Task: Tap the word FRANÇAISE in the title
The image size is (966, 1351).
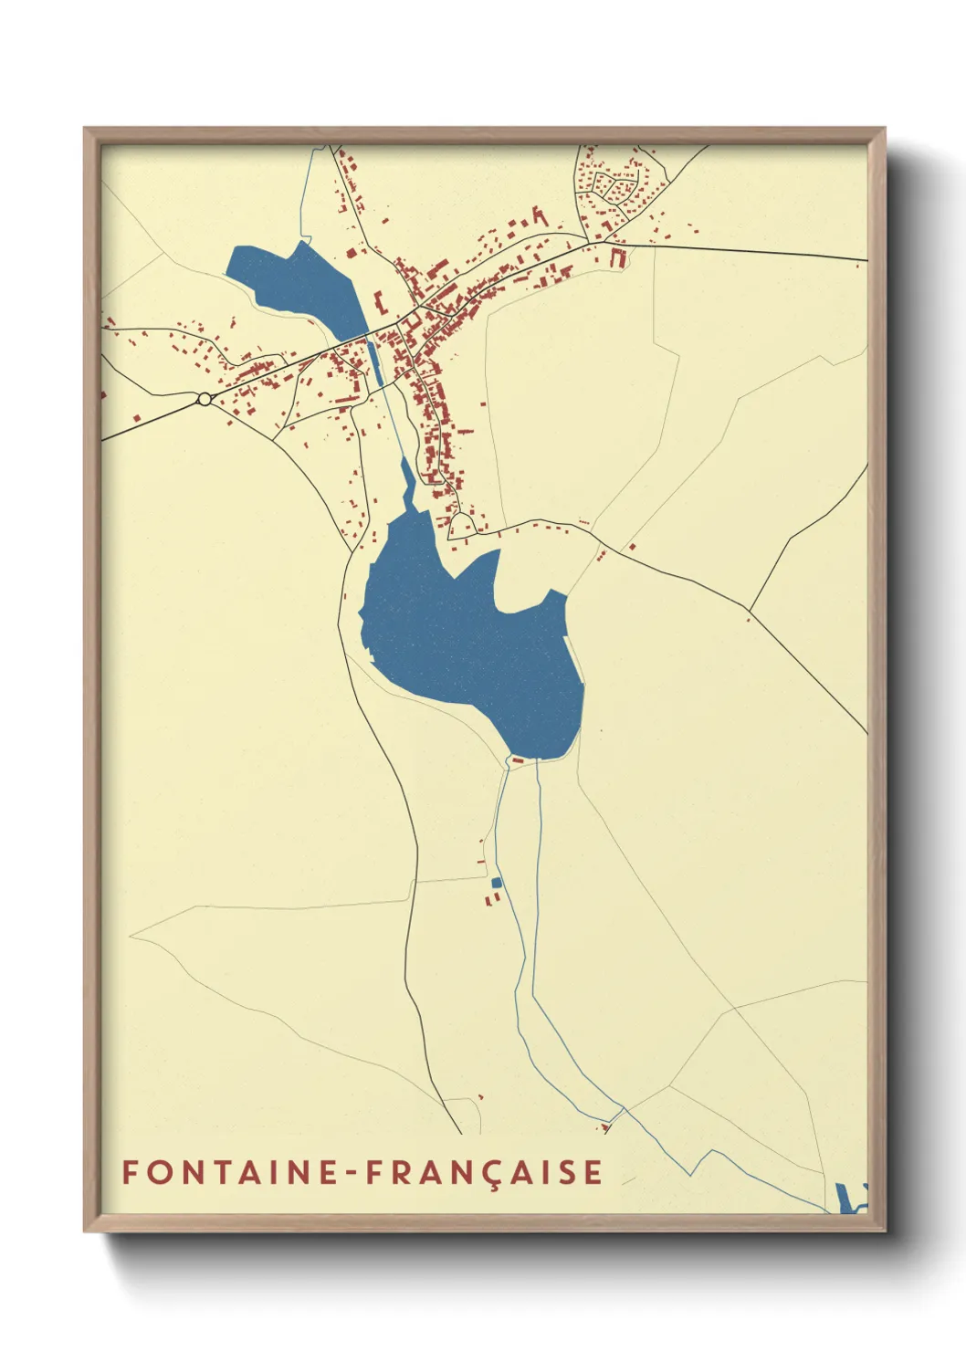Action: (484, 1172)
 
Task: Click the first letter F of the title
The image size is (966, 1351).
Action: (130, 1172)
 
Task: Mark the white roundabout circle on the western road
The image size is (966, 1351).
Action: (205, 398)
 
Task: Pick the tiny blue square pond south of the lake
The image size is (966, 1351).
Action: (496, 882)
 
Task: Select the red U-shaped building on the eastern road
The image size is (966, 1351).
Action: (619, 257)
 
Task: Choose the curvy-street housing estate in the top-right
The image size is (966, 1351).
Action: (616, 187)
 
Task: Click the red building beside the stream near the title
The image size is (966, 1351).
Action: (604, 1128)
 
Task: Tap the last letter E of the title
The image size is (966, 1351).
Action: (594, 1172)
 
